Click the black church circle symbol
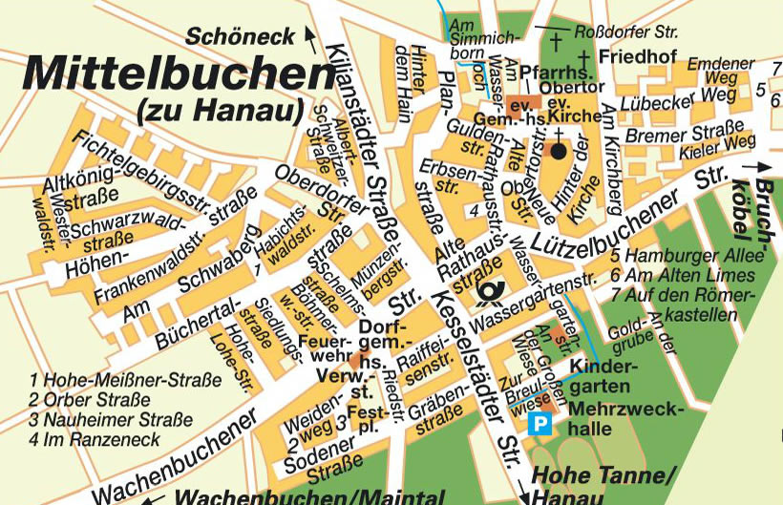click(559, 151)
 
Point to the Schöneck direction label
click(240, 37)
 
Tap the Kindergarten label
click(599, 377)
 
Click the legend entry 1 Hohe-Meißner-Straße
click(125, 380)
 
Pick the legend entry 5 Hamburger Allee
click(688, 256)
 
